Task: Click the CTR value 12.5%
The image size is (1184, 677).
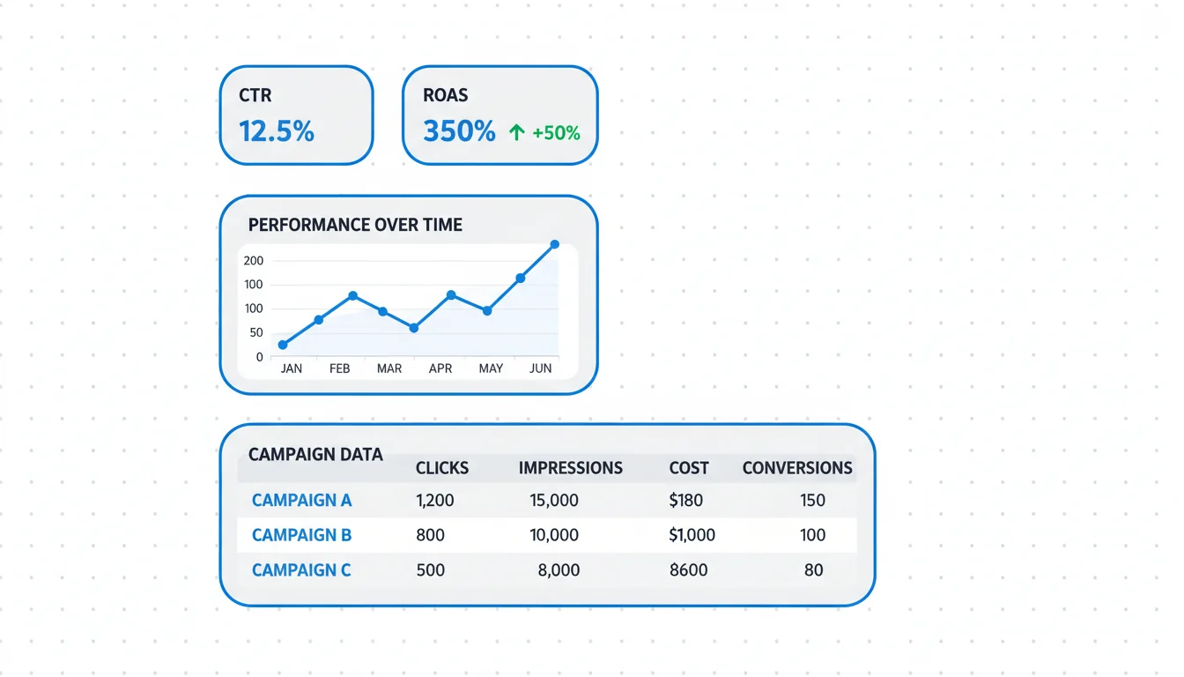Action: (277, 131)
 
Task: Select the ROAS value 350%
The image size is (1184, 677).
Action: (459, 131)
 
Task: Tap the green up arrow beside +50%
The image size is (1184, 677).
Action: (516, 132)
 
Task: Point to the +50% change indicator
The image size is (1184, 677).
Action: (556, 133)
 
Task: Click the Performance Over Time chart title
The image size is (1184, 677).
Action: (355, 225)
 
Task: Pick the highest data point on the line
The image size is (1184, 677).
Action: (555, 244)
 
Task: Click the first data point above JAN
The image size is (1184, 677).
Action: (283, 345)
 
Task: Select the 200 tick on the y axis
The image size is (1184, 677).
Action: (254, 261)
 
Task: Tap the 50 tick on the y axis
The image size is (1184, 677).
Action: (256, 332)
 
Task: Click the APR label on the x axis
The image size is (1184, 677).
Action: (440, 368)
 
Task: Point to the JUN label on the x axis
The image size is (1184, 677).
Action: (540, 368)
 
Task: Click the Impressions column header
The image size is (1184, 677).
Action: (570, 468)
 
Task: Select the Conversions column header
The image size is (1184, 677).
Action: (797, 468)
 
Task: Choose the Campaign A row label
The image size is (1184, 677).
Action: (301, 501)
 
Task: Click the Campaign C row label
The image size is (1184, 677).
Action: (301, 570)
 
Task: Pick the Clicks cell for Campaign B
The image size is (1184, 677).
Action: (430, 535)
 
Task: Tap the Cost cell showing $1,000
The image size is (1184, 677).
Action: (692, 535)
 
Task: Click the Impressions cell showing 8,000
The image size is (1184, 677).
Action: (559, 570)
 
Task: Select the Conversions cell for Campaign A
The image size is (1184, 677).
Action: (812, 501)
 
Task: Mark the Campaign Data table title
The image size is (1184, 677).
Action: (315, 455)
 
